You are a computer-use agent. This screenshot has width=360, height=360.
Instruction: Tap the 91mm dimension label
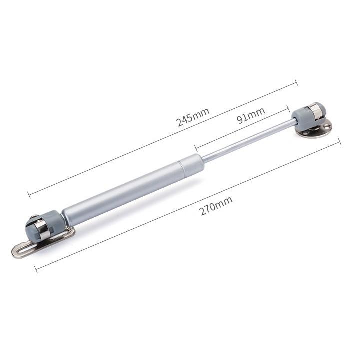251,115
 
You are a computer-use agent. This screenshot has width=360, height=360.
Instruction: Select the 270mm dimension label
216,206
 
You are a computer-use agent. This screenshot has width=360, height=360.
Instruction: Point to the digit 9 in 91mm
241,119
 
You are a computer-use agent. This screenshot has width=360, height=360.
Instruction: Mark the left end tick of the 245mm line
29,194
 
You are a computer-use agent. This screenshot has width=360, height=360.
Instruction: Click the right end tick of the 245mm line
296,82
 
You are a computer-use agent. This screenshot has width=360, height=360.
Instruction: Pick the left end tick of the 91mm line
196,148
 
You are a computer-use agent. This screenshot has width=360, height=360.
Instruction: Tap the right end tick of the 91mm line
288,108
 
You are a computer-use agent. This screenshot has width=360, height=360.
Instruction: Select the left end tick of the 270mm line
36,269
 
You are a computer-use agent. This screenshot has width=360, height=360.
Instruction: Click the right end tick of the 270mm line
339,141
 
